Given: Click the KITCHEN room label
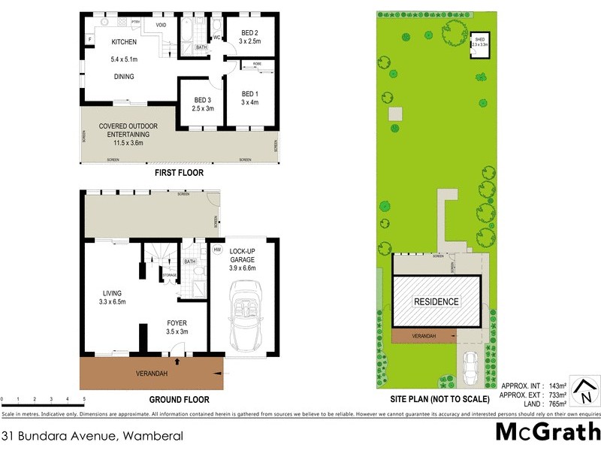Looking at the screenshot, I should pyautogui.click(x=124, y=42).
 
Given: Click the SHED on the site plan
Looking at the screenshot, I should pyautogui.click(x=479, y=43).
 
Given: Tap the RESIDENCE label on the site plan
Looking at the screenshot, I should pyautogui.click(x=437, y=302).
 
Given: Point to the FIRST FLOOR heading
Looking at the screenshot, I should pyautogui.click(x=179, y=173).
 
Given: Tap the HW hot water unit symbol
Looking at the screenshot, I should pyautogui.click(x=218, y=250).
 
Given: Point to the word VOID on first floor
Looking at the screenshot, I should pyautogui.click(x=161, y=25).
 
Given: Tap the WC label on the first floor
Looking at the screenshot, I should pyautogui.click(x=216, y=37).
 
